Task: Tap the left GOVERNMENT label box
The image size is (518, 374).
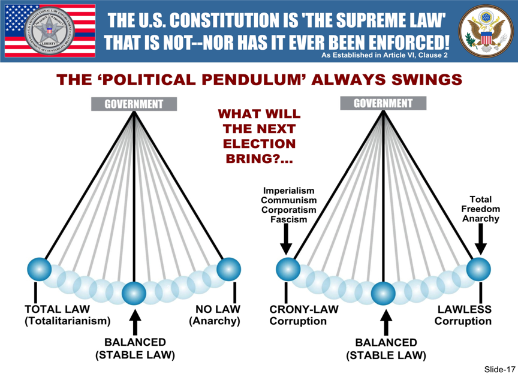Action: (x=134, y=104)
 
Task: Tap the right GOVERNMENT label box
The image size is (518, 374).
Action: (x=383, y=103)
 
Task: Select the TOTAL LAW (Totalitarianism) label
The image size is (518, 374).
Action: (x=67, y=315)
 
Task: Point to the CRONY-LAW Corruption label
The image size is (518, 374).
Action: (x=303, y=315)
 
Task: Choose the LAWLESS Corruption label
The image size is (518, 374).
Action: (x=463, y=315)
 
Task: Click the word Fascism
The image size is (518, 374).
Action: (x=288, y=219)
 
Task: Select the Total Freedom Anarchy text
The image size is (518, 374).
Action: (x=480, y=209)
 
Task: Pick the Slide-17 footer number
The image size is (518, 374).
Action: (x=496, y=367)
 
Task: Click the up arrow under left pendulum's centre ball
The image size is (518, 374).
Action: (x=135, y=322)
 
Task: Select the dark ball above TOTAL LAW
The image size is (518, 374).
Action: (x=40, y=269)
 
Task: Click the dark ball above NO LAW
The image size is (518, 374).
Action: (x=228, y=269)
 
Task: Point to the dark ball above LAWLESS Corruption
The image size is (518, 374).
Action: (x=478, y=269)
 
